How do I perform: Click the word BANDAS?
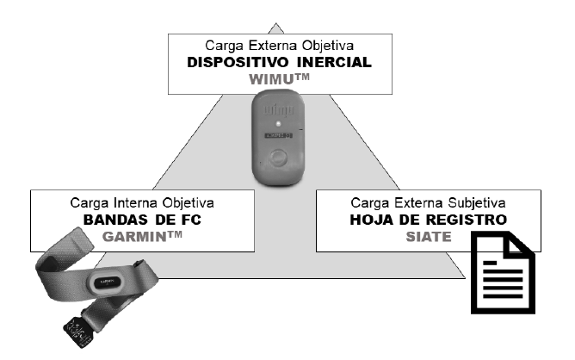coord(114,220)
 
